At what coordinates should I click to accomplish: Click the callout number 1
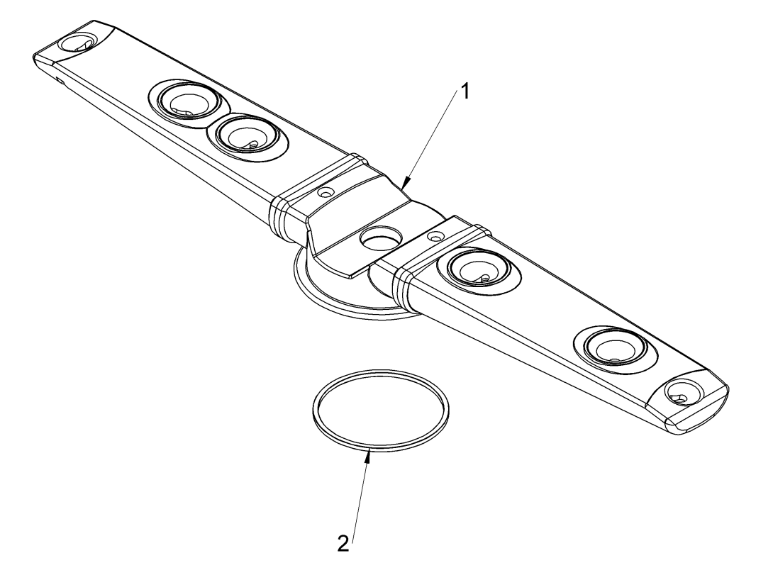pos(464,91)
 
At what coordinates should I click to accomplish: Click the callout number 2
pos(343,544)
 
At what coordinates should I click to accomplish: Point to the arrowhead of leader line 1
pos(405,184)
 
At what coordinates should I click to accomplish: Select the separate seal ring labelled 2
pos(381,409)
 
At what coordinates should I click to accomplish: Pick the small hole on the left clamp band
pos(325,191)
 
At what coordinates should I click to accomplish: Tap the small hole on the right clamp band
pos(434,236)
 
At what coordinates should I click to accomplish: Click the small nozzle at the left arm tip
pos(77,42)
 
